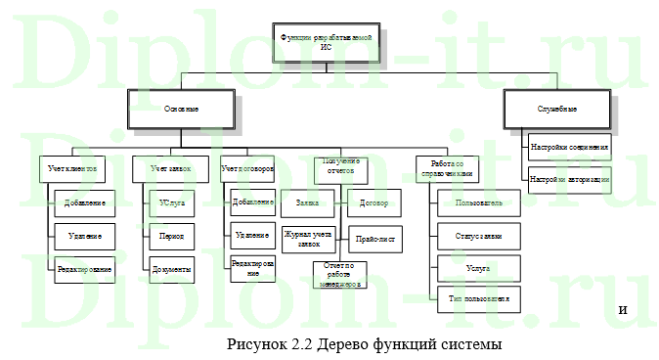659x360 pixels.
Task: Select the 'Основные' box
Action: point(182,108)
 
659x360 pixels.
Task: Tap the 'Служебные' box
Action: point(556,108)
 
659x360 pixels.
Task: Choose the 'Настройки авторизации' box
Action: point(569,180)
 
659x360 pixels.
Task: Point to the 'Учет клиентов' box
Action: point(73,169)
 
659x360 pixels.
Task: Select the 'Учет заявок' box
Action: point(165,169)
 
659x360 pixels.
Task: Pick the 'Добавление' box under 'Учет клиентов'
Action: point(85,203)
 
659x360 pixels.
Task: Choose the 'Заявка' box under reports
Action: point(307,203)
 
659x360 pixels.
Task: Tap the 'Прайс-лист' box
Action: point(374,236)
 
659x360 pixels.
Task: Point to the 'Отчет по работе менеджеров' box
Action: point(338,274)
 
